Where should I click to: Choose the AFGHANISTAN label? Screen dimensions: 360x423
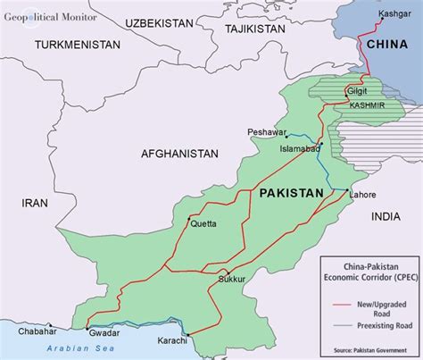[x=179, y=155]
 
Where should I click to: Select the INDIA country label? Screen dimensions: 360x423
[x=386, y=216]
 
